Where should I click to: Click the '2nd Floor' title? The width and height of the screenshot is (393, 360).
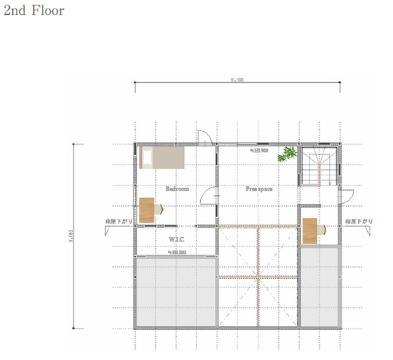34,10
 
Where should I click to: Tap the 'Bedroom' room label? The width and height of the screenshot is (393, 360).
177,189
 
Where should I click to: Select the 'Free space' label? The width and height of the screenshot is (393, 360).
259,189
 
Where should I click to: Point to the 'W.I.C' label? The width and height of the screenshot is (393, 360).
177,239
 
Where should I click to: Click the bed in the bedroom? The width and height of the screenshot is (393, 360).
162,157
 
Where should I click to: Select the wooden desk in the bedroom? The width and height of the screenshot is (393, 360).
147,210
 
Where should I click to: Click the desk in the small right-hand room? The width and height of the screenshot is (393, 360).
310,231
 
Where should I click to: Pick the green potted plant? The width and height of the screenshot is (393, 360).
286,155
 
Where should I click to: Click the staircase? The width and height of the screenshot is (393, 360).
318,166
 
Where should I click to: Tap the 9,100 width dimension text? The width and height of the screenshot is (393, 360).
237,80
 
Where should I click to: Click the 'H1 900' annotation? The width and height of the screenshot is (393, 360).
259,150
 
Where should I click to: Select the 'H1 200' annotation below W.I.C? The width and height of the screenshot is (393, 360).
177,252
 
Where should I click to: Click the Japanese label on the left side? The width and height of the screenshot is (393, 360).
115,221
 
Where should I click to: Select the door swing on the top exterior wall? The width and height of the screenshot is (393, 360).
205,138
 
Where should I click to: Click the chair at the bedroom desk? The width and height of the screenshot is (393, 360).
159,209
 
